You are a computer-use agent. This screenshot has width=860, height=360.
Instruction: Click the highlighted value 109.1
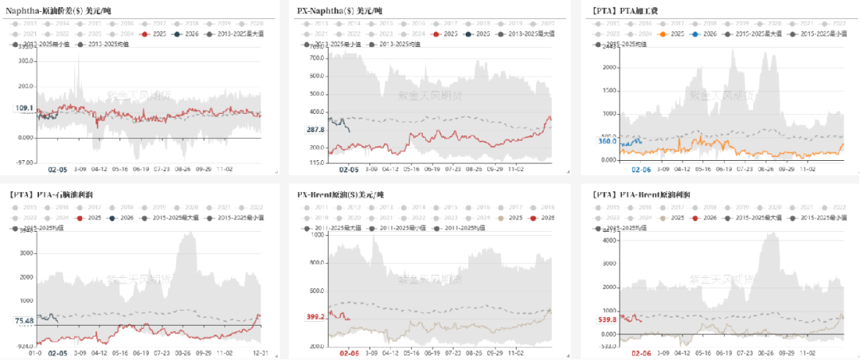coord(24,108)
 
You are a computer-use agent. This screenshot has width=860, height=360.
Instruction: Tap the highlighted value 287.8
coord(316,129)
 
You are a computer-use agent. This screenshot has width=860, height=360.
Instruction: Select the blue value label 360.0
coord(608,141)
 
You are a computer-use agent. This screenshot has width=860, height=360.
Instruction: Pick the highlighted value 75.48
coord(24,320)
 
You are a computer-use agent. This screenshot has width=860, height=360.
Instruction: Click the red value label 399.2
coord(316,316)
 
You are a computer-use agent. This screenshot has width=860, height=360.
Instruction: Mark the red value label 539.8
coord(608,319)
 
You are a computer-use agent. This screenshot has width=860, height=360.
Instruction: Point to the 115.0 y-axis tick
coord(315,162)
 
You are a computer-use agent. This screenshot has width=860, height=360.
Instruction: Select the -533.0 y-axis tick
coord(608,346)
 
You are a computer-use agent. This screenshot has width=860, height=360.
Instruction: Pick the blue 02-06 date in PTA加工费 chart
coord(641,170)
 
